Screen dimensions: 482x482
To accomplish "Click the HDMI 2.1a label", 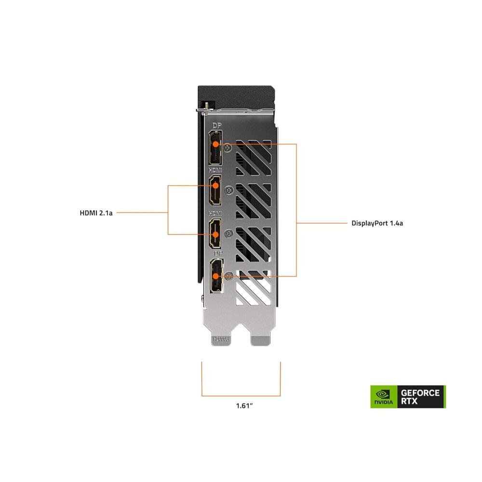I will [x=96, y=212].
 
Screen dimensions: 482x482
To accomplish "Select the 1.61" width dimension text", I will [x=245, y=405].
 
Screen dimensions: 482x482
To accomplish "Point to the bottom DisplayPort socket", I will [x=215, y=277].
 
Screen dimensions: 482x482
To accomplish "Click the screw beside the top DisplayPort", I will [x=229, y=149].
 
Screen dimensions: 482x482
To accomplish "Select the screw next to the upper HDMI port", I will [x=229, y=190].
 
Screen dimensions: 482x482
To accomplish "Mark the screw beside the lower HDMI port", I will [x=229, y=233].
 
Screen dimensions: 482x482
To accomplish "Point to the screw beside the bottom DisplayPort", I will [x=229, y=275].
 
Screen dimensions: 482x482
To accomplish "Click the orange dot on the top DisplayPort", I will [x=216, y=144].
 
